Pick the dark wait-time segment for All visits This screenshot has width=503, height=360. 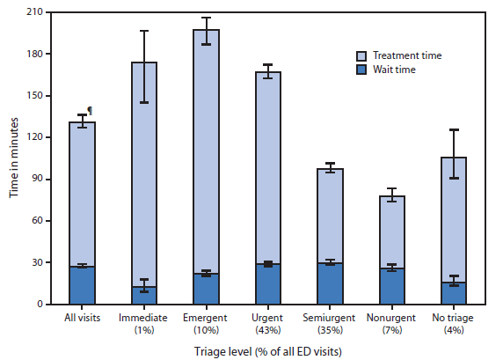(x=82, y=285)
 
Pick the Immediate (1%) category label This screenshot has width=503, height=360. (x=144, y=322)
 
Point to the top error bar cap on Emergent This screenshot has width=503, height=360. (x=206, y=18)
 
